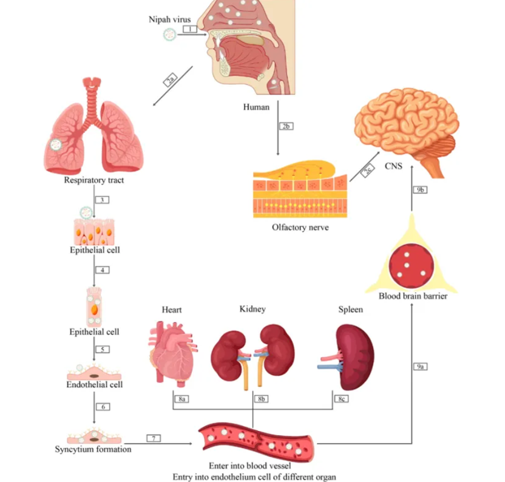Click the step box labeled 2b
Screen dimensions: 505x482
click(286, 126)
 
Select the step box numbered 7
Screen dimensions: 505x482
click(154, 438)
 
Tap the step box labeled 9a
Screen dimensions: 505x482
click(420, 367)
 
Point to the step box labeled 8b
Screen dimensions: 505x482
click(261, 399)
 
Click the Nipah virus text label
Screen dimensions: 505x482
click(170, 19)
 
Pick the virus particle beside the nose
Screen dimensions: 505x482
click(170, 35)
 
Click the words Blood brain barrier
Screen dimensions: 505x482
click(413, 296)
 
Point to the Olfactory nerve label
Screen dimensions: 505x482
click(300, 228)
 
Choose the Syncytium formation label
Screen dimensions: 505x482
click(93, 449)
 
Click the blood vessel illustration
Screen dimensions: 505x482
click(256, 442)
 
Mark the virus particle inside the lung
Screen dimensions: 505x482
click(56, 144)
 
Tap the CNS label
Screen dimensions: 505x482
click(393, 166)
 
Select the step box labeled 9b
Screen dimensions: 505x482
click(420, 190)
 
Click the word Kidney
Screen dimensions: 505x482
click(252, 310)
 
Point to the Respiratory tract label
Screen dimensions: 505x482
click(93, 180)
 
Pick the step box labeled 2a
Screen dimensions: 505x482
click(171, 80)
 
